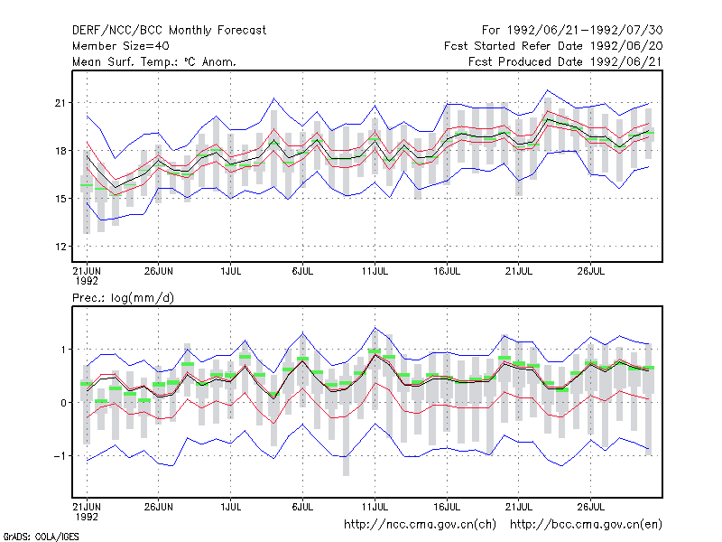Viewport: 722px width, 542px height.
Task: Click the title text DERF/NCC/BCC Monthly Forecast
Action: point(169,31)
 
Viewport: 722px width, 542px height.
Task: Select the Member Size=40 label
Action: point(121,46)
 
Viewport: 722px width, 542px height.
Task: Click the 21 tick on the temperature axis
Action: point(60,103)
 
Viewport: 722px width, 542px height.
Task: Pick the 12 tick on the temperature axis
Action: point(60,247)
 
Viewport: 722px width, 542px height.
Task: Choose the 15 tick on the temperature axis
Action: point(60,199)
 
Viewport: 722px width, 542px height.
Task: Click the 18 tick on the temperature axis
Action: point(60,151)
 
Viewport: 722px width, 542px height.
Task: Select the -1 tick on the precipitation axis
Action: point(60,456)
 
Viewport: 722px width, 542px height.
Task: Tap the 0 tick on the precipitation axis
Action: point(63,403)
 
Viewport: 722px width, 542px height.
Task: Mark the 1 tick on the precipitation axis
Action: point(63,350)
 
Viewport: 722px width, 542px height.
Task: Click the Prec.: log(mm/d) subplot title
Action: point(123,298)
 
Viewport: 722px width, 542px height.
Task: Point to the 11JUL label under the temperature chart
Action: point(375,271)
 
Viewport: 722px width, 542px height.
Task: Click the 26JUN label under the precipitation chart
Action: point(159,507)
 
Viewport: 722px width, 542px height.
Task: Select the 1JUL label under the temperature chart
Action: point(231,271)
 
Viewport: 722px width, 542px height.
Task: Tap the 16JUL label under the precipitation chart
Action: point(447,507)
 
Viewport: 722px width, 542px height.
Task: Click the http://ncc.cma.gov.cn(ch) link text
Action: point(420,525)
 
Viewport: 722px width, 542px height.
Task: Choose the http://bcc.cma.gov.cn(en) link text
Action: point(586,525)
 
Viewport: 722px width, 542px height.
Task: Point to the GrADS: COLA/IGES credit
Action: point(41,537)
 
